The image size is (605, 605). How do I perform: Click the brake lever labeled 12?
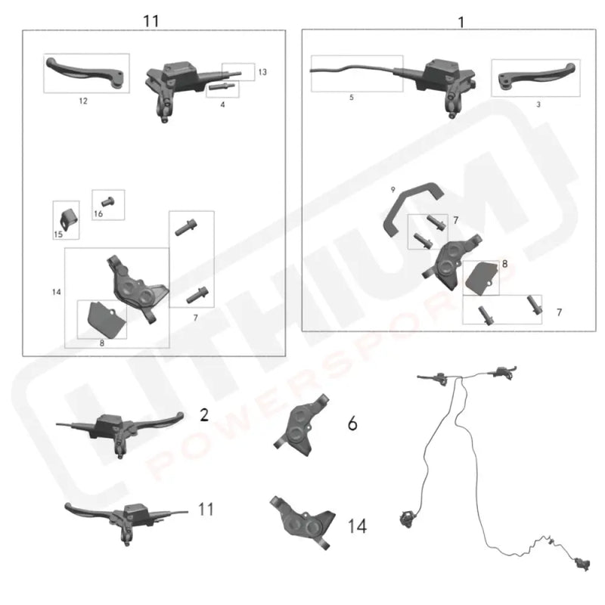83,71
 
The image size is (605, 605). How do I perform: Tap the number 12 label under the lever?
83,101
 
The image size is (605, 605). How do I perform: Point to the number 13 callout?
262,72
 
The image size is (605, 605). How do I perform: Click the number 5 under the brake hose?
351,98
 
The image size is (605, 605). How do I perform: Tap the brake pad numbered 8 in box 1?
480,278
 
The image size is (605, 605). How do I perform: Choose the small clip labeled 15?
68,217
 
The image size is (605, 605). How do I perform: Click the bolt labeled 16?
107,202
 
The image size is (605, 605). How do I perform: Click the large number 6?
352,423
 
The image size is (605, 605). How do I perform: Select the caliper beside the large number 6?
302,427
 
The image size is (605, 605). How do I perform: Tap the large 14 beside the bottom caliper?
356,526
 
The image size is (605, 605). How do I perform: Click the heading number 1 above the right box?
461,21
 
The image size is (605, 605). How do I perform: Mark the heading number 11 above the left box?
151,20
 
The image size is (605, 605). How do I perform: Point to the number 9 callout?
393,188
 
